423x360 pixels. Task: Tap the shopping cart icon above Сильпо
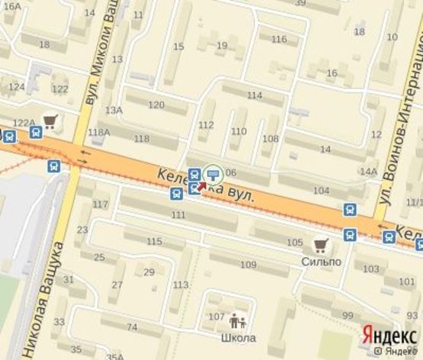(x=321, y=246)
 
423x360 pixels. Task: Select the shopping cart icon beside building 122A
(x=51, y=121)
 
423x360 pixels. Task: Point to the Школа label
(x=238, y=338)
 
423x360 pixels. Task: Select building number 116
(x=279, y=40)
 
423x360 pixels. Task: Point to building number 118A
(x=99, y=133)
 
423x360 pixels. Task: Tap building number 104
(x=322, y=190)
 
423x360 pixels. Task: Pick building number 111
(x=178, y=216)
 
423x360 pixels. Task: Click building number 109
(x=248, y=265)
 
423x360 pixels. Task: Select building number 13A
(x=114, y=111)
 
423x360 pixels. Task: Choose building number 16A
(x=13, y=5)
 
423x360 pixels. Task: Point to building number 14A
(x=369, y=172)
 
